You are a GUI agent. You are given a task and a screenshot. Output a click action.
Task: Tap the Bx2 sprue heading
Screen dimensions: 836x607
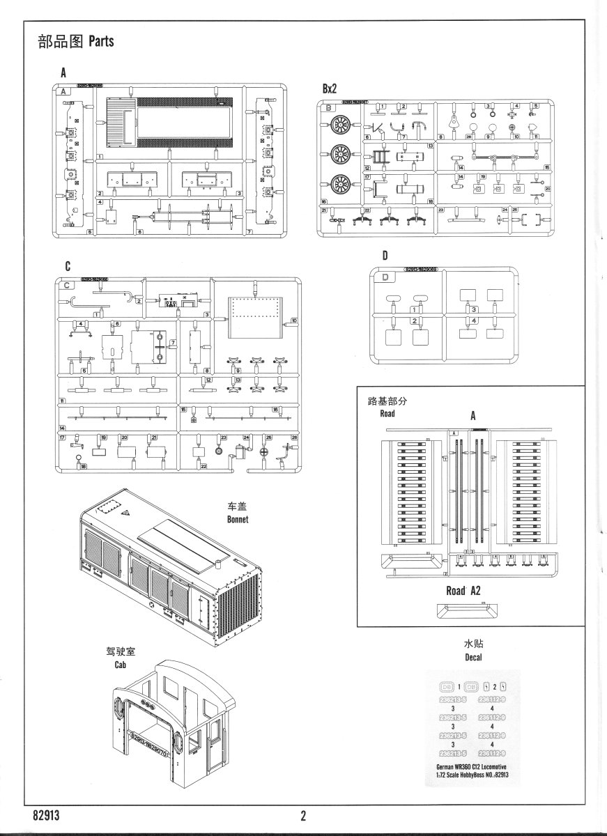tap(330, 89)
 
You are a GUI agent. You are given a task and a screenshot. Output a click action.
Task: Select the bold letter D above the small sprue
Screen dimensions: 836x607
tap(384, 256)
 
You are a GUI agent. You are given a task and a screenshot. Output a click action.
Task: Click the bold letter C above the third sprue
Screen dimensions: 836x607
tap(67, 266)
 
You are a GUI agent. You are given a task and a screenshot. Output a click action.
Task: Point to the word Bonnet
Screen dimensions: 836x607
tap(238, 519)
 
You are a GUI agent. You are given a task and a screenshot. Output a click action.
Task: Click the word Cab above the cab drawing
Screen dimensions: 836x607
tap(123, 665)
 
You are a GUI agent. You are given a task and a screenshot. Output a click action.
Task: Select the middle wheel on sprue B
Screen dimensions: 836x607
tap(341, 154)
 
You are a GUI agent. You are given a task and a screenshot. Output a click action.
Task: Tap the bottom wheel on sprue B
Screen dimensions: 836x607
tap(341, 184)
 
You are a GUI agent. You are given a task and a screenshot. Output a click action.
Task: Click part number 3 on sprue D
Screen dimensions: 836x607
tap(474, 309)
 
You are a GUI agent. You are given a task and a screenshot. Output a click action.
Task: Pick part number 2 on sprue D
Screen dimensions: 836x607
tap(415, 320)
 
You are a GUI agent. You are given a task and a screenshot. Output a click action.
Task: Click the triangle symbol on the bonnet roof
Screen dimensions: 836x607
tap(127, 512)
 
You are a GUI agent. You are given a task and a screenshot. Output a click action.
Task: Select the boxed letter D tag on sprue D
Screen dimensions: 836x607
tap(387, 277)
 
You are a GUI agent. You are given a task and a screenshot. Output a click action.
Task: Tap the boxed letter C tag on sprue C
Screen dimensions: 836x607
tap(67, 285)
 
